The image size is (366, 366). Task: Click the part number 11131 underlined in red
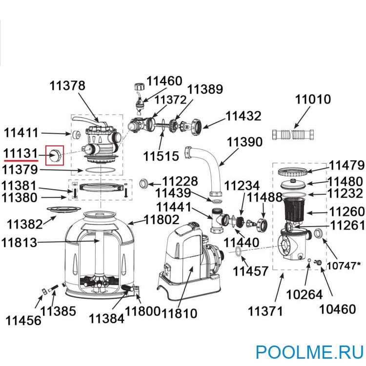(20, 154)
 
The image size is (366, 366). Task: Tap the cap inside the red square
(55, 155)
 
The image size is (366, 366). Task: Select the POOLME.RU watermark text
(310, 352)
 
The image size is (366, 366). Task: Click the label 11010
(313, 99)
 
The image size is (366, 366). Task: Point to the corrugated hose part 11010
(293, 135)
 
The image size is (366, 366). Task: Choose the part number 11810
(179, 313)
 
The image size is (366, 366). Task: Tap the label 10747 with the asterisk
(344, 265)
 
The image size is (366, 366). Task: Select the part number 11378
(67, 85)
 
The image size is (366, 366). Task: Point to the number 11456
(23, 321)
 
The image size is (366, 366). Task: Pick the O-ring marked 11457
(238, 252)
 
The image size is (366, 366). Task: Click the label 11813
(19, 243)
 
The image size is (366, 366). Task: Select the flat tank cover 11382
(64, 209)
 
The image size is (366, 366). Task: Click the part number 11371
(265, 311)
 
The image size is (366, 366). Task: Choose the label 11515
(161, 156)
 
